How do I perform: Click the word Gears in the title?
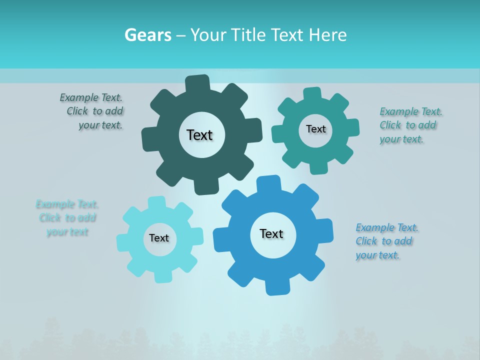[147, 35]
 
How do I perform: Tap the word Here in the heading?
[327, 35]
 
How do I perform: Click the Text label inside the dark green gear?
[199, 135]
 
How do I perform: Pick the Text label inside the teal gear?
[315, 129]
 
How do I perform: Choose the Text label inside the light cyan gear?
[159, 238]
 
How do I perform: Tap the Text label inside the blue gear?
[271, 233]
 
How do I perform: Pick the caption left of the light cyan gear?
[66, 218]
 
